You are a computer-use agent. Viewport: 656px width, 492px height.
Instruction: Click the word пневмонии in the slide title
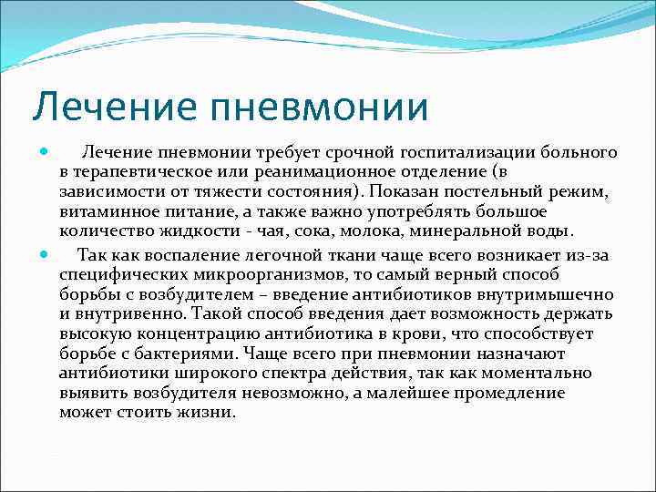[320, 106]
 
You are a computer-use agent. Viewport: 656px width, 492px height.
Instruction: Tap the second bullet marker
[46, 254]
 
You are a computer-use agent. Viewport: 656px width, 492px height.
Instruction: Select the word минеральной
[482, 232]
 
